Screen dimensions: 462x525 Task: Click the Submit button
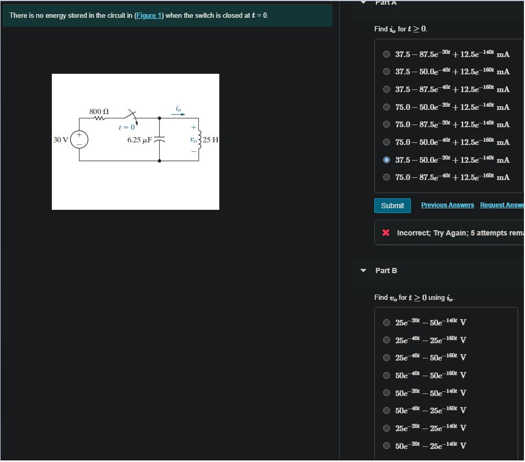coord(393,206)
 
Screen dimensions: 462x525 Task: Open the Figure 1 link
coord(149,16)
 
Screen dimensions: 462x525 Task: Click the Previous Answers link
coord(448,205)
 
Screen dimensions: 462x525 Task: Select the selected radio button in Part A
coord(386,160)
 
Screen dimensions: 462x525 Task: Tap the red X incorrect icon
coord(386,233)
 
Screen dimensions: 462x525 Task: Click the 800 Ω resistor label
coord(99,111)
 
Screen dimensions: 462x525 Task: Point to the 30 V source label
coord(61,140)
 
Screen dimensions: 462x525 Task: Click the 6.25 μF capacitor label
coord(139,140)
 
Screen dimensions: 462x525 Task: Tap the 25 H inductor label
coord(211,140)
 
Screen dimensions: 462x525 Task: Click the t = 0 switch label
coord(127,127)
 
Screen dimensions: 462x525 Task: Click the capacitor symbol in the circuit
coord(159,140)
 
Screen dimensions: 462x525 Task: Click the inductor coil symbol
coord(199,140)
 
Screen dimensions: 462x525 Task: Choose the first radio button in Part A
coord(386,54)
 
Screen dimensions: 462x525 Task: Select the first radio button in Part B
coord(386,323)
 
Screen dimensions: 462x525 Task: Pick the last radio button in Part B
coord(386,446)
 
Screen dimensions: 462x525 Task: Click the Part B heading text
coord(386,271)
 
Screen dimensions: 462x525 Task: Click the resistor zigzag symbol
coord(99,118)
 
